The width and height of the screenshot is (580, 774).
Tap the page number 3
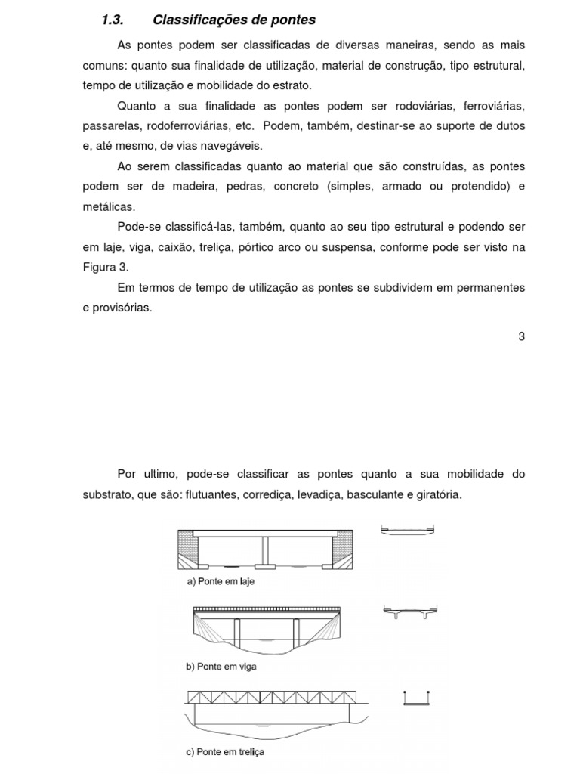pos(521,336)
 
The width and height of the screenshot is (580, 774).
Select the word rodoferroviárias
pos(187,125)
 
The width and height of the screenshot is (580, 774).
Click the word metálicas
pos(110,206)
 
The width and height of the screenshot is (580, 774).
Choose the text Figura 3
pos(106,267)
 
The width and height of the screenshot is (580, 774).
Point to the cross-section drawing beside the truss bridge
pos(417,698)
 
